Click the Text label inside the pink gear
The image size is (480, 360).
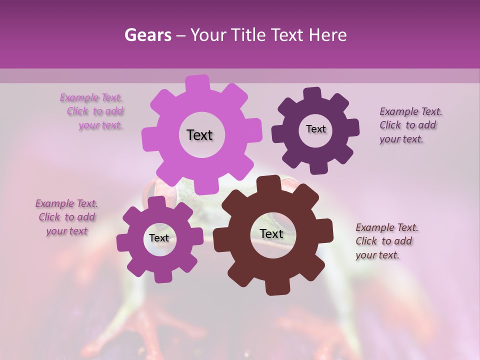pos(199,135)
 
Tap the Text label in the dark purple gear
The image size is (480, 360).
pos(315,129)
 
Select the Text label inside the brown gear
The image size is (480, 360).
pos(271,233)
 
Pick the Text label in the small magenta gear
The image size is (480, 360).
pos(159,238)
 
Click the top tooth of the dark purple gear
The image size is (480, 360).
pos(312,94)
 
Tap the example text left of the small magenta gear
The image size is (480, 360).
pos(67,217)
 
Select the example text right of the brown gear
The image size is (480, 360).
pos(386,241)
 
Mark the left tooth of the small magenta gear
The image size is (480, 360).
pos(123,242)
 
